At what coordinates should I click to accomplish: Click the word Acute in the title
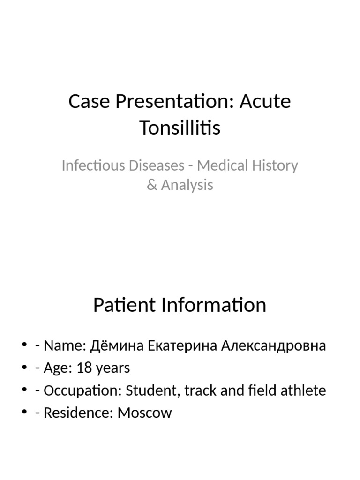(265, 101)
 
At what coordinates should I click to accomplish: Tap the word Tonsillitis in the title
(180, 127)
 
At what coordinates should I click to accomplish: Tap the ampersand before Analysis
(151, 185)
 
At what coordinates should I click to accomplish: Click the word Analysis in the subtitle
(187, 185)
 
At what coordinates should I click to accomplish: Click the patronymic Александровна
(273, 346)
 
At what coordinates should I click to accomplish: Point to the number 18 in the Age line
(84, 368)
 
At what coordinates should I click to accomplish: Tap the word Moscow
(145, 412)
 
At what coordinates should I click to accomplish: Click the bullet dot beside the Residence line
(24, 412)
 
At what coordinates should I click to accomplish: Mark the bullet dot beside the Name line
(24, 346)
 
